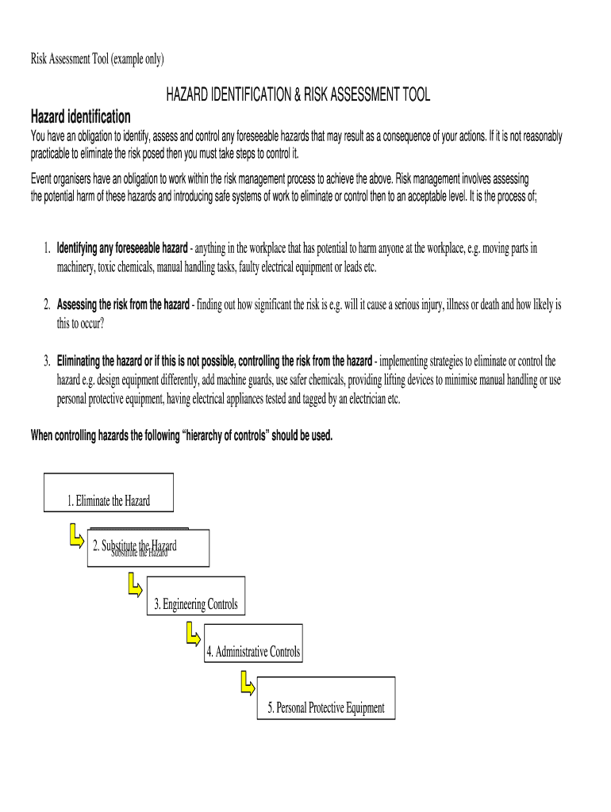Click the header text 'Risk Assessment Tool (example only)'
click(x=97, y=59)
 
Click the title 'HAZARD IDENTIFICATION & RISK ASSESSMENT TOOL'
click(x=298, y=95)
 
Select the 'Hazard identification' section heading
click(x=80, y=117)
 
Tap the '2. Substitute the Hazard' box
click(x=148, y=548)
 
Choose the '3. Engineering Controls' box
click(x=195, y=605)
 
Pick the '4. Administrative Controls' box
click(x=252, y=652)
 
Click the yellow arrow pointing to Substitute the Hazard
click(x=76, y=535)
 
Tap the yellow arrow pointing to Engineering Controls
click(x=134, y=587)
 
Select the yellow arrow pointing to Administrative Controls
click(x=192, y=634)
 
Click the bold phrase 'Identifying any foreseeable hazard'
click(x=122, y=248)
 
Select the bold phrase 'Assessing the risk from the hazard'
click(x=123, y=304)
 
